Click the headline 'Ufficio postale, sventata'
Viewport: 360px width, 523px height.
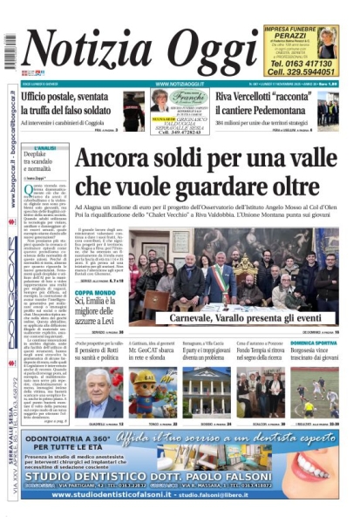coord(70,97)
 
